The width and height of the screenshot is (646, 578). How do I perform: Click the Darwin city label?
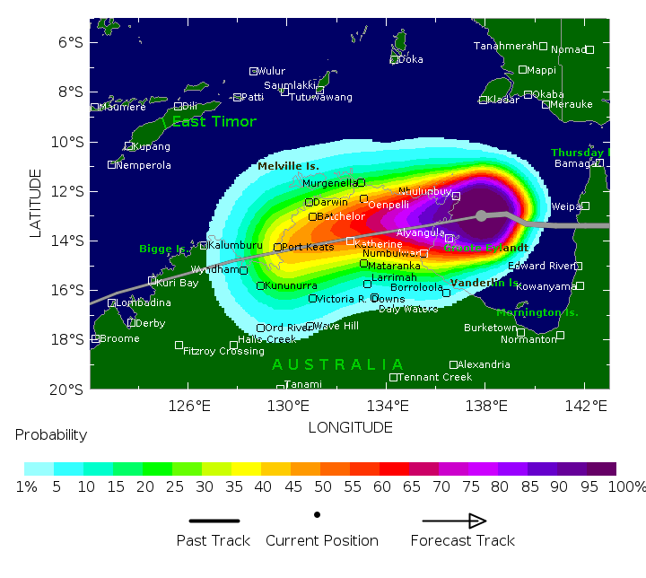pos(331,202)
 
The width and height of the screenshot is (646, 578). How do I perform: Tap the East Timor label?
pos(214,122)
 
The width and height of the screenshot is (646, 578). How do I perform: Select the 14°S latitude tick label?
pos(68,241)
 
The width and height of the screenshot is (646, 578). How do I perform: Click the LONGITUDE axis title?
pos(350,427)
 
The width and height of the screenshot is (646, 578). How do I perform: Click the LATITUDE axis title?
pos(36,204)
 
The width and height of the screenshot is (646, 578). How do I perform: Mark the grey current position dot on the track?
pos(482,215)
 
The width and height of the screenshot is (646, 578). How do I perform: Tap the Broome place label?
pos(119,339)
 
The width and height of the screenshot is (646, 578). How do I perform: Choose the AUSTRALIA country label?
pos(337,364)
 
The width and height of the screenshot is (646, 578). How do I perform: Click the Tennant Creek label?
pos(435,377)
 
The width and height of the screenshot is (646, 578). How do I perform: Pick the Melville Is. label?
pos(288,167)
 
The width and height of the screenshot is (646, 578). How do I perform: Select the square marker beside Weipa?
pos(585,206)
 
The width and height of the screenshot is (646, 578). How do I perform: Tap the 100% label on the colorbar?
pos(626,487)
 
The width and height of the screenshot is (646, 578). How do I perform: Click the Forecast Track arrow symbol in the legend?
pos(455,521)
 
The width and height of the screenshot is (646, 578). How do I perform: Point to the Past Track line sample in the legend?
pos(214,521)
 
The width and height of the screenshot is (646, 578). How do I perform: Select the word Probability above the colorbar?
pos(51,435)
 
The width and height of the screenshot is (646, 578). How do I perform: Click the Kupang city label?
pos(151,146)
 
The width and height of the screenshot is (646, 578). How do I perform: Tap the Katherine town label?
pos(379,244)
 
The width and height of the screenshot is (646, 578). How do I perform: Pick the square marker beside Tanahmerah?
pos(543,46)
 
